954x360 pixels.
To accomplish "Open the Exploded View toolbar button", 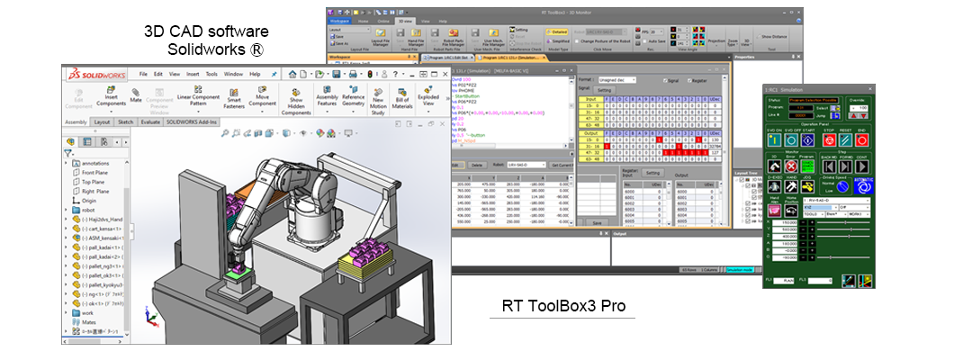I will tap(434, 97).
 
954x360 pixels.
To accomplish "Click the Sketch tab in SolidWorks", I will tap(126, 121).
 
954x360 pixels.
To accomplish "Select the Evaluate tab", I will tap(150, 121).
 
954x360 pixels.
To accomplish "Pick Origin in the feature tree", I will tap(88, 201).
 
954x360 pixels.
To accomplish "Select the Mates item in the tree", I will tap(88, 319).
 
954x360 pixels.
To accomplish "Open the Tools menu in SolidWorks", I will tap(211, 74).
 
